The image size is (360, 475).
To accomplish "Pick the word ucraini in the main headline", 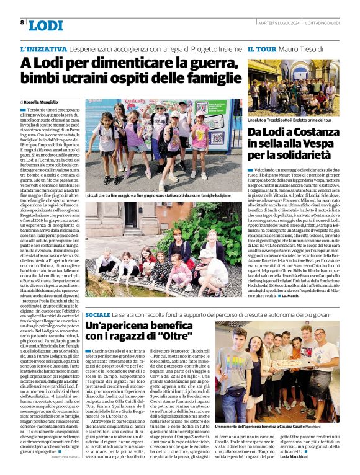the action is (x=88, y=78).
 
